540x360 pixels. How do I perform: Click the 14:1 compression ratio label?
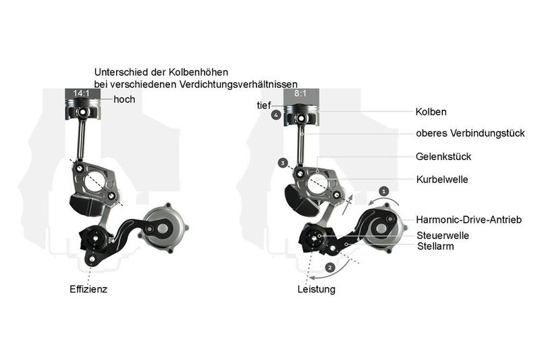click(x=82, y=93)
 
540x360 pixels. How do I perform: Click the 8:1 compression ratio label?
click(x=300, y=93)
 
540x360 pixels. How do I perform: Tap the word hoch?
click(x=124, y=99)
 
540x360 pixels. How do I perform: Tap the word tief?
click(x=263, y=105)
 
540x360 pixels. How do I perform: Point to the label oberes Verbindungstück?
click(x=470, y=134)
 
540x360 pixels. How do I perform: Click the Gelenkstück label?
click(x=443, y=157)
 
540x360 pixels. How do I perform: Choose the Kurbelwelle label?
click(x=441, y=180)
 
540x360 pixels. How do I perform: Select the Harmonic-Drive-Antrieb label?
click(x=469, y=220)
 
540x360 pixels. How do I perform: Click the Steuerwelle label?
click(x=443, y=235)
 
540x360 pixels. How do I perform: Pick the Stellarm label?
click(x=435, y=247)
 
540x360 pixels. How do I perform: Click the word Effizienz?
click(x=88, y=289)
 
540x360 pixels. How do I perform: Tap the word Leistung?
click(x=316, y=289)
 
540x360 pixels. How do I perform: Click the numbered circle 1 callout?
click(x=384, y=191)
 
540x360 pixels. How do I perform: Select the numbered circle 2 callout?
click(x=329, y=267)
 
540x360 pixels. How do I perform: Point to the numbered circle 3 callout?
click(x=283, y=163)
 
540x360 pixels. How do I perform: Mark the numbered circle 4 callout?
click(x=275, y=115)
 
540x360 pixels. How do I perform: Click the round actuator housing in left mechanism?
click(x=163, y=224)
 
